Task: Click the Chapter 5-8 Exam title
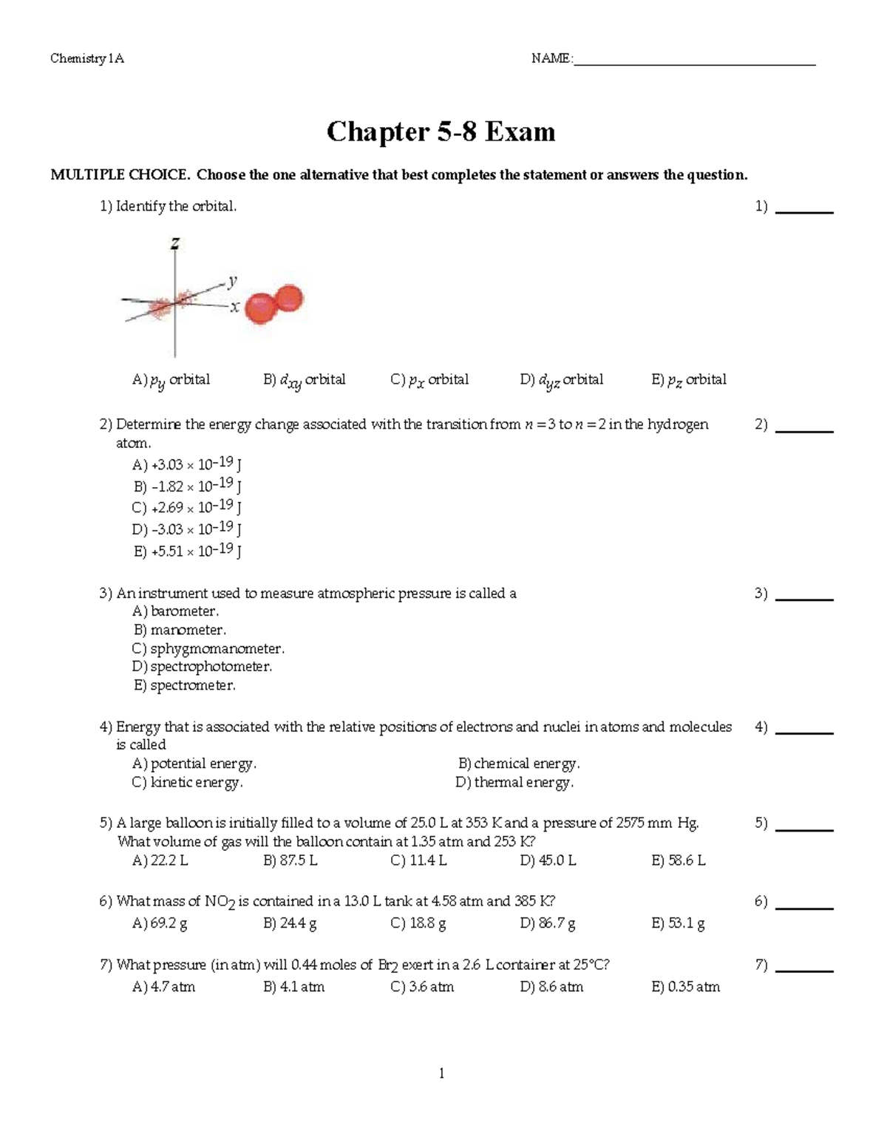click(x=441, y=132)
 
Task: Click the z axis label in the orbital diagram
click(x=175, y=242)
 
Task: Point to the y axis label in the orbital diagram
click(x=232, y=280)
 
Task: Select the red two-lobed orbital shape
click(x=273, y=304)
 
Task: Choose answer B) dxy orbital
click(x=304, y=380)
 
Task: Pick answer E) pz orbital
click(x=688, y=380)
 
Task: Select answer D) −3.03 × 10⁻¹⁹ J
click(x=187, y=529)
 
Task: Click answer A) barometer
click(x=175, y=611)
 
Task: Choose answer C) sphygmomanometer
click(x=208, y=648)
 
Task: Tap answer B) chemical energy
click(x=518, y=764)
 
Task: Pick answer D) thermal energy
click(x=514, y=782)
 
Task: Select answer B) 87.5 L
click(x=290, y=860)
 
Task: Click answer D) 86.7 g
click(x=547, y=923)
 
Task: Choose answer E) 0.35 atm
click(x=685, y=987)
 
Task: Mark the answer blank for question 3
click(x=806, y=597)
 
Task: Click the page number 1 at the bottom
click(x=441, y=1073)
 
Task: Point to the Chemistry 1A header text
click(x=87, y=59)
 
